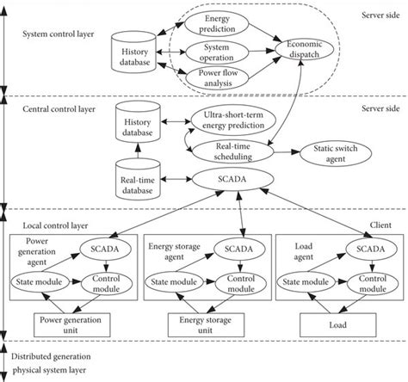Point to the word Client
click(x=379, y=224)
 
